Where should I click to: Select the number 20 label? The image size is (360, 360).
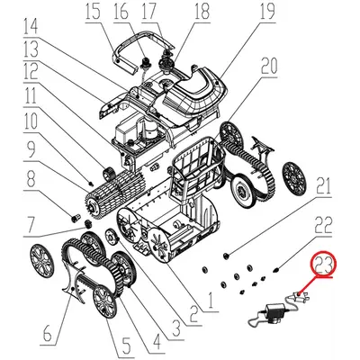coord(269,67)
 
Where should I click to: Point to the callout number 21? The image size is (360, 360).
coord(323,186)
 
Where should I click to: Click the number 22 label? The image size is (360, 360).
coord(324,225)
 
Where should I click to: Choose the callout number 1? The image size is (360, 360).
coord(211,301)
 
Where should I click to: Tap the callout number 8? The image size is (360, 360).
coord(31,179)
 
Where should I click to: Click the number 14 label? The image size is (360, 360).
coord(31,26)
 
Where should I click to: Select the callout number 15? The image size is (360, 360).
coord(92,11)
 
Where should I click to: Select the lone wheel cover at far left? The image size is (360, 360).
coord(42,259)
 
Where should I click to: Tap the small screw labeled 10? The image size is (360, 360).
coord(90,183)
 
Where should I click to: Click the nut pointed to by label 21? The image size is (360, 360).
coord(226,256)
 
